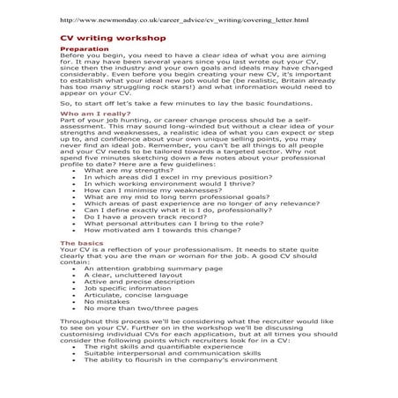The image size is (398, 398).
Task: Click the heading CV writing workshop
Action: click(99, 39)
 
